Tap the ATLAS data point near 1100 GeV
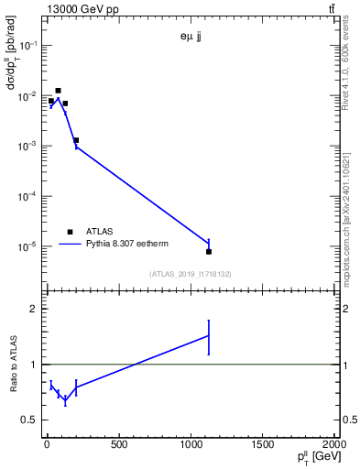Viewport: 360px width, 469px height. [209, 251]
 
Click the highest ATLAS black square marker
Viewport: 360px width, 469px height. [58, 91]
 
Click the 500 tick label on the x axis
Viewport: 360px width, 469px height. [118, 445]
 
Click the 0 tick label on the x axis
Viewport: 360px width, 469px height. [46, 445]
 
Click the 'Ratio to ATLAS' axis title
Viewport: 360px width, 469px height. [15, 363]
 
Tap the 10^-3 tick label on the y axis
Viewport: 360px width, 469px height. [27, 147]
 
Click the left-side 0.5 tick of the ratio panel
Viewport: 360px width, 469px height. [29, 420]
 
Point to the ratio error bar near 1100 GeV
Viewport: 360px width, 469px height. [209, 336]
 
